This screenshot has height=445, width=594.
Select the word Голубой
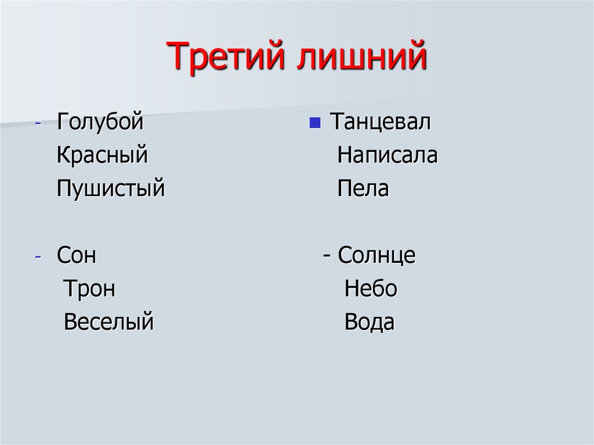click(100, 122)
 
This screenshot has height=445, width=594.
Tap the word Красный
click(102, 155)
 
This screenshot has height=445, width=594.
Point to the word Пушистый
click(111, 189)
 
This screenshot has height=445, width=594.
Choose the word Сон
click(77, 256)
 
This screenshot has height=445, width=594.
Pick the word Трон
click(89, 289)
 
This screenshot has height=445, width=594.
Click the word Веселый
click(108, 322)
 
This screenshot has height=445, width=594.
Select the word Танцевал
click(380, 122)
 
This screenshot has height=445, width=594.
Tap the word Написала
click(387, 155)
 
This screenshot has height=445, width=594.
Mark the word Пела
click(363, 189)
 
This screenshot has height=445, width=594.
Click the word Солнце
click(377, 256)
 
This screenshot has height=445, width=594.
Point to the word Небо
click(371, 289)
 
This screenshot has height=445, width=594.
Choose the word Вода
click(370, 322)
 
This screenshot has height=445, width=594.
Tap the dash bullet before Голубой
click(38, 124)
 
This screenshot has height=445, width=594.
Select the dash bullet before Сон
click(38, 257)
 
